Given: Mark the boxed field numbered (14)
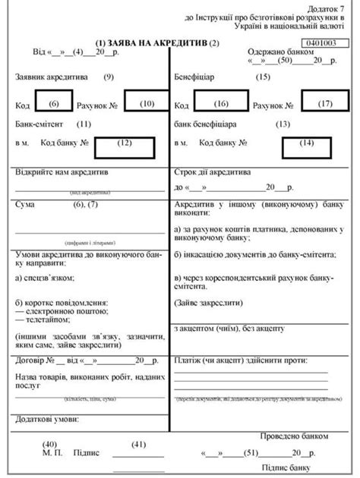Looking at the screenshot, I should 306,142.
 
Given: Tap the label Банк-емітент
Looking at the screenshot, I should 39,123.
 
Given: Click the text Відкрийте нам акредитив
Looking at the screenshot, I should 62,173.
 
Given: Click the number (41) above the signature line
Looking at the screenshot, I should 139,444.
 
